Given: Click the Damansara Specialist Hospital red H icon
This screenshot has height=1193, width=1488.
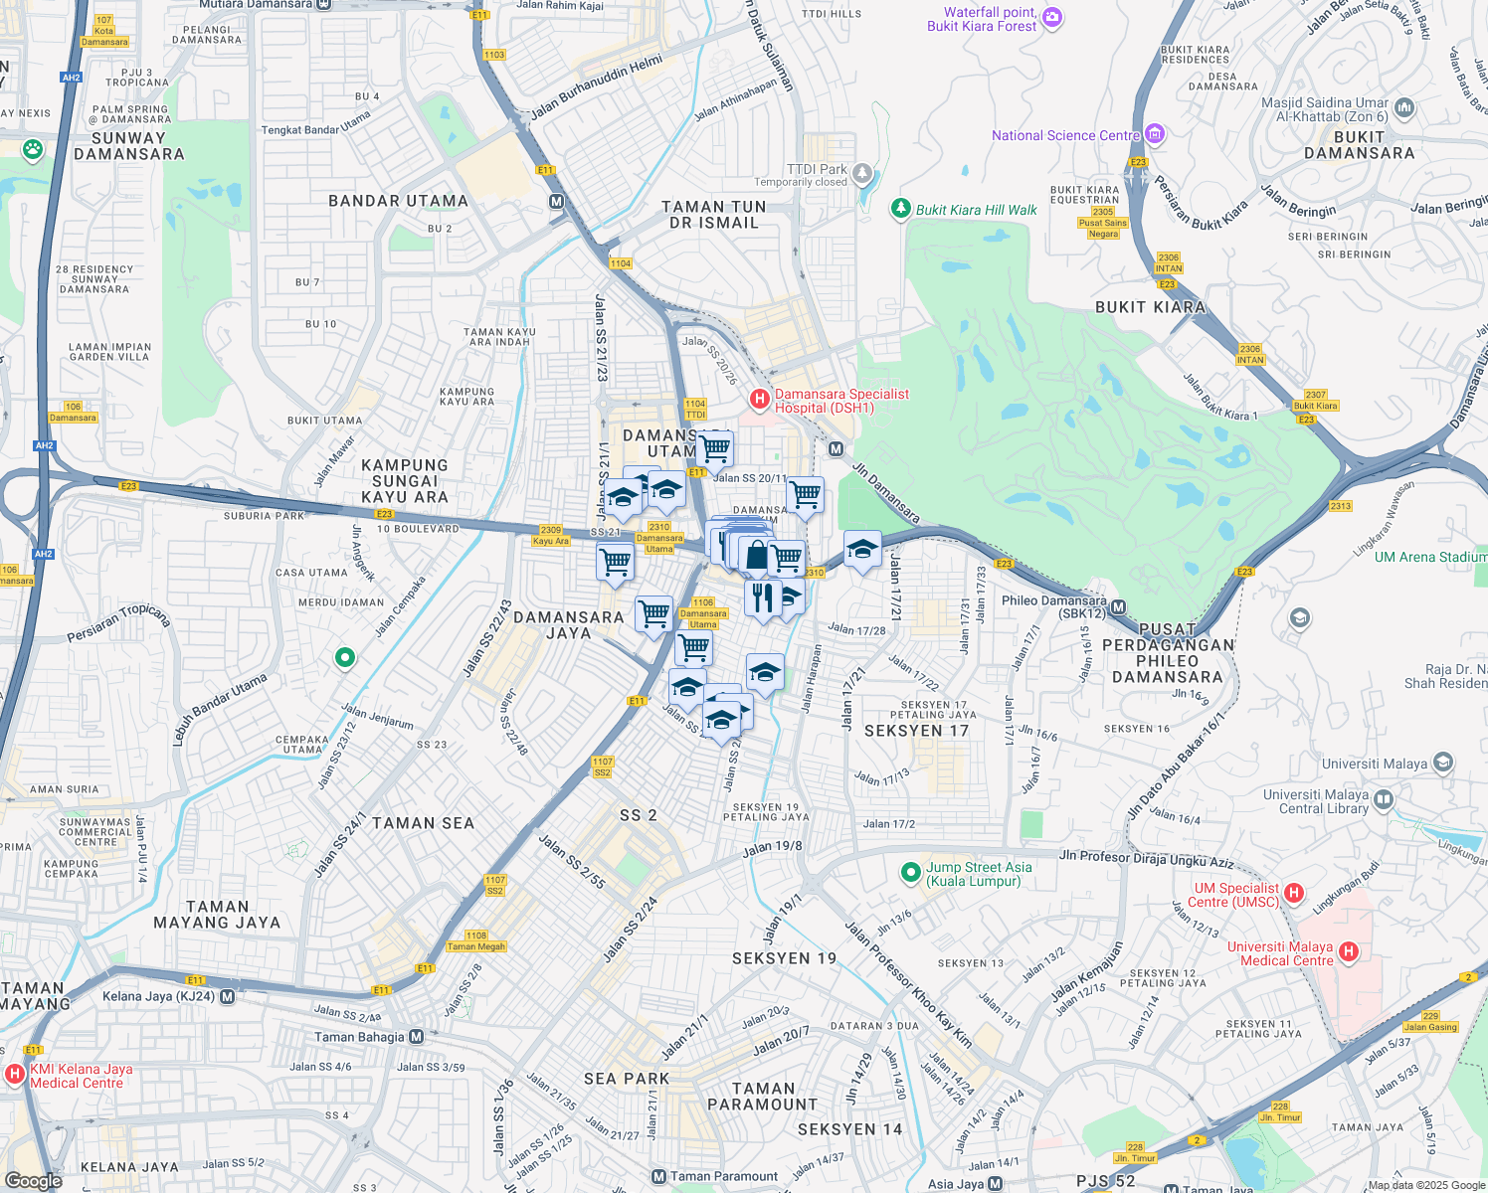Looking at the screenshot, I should click(760, 400).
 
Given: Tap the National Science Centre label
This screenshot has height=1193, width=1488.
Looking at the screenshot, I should click(1065, 135).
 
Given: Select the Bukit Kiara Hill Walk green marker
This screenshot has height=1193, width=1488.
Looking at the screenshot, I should click(900, 209).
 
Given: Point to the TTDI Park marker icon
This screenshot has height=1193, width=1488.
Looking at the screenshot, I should click(862, 173).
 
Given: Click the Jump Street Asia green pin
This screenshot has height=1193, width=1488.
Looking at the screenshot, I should click(910, 873).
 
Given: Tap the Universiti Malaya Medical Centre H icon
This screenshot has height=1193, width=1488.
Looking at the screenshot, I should click(1349, 952).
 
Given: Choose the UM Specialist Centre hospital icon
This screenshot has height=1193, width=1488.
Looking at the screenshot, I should click(1294, 893).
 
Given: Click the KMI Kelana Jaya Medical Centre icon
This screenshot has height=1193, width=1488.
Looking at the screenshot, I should click(15, 1075).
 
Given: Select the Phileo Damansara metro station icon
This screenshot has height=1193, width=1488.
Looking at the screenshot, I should click(1118, 607).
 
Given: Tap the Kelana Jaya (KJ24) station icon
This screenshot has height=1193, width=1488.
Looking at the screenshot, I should click(228, 996).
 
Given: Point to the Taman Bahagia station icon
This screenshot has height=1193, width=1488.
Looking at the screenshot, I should click(416, 1037).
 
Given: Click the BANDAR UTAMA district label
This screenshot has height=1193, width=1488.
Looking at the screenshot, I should click(398, 201).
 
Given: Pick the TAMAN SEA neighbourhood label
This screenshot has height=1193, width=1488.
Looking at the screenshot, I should click(423, 823).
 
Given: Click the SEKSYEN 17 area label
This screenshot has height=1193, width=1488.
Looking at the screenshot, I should click(916, 731).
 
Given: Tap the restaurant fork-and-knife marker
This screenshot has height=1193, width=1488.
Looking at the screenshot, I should click(762, 597).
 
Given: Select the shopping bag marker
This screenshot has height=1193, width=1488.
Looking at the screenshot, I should click(757, 555).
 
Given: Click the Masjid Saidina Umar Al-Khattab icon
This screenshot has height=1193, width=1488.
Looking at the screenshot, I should click(1404, 107).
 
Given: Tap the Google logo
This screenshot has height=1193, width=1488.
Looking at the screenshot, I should click(33, 1180).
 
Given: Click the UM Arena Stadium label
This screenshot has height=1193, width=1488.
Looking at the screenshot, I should click(1430, 557).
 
